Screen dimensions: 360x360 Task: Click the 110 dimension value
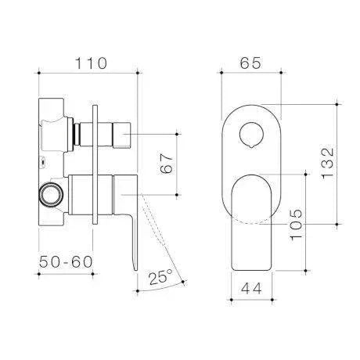88,63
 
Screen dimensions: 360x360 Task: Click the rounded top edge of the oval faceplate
250,106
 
